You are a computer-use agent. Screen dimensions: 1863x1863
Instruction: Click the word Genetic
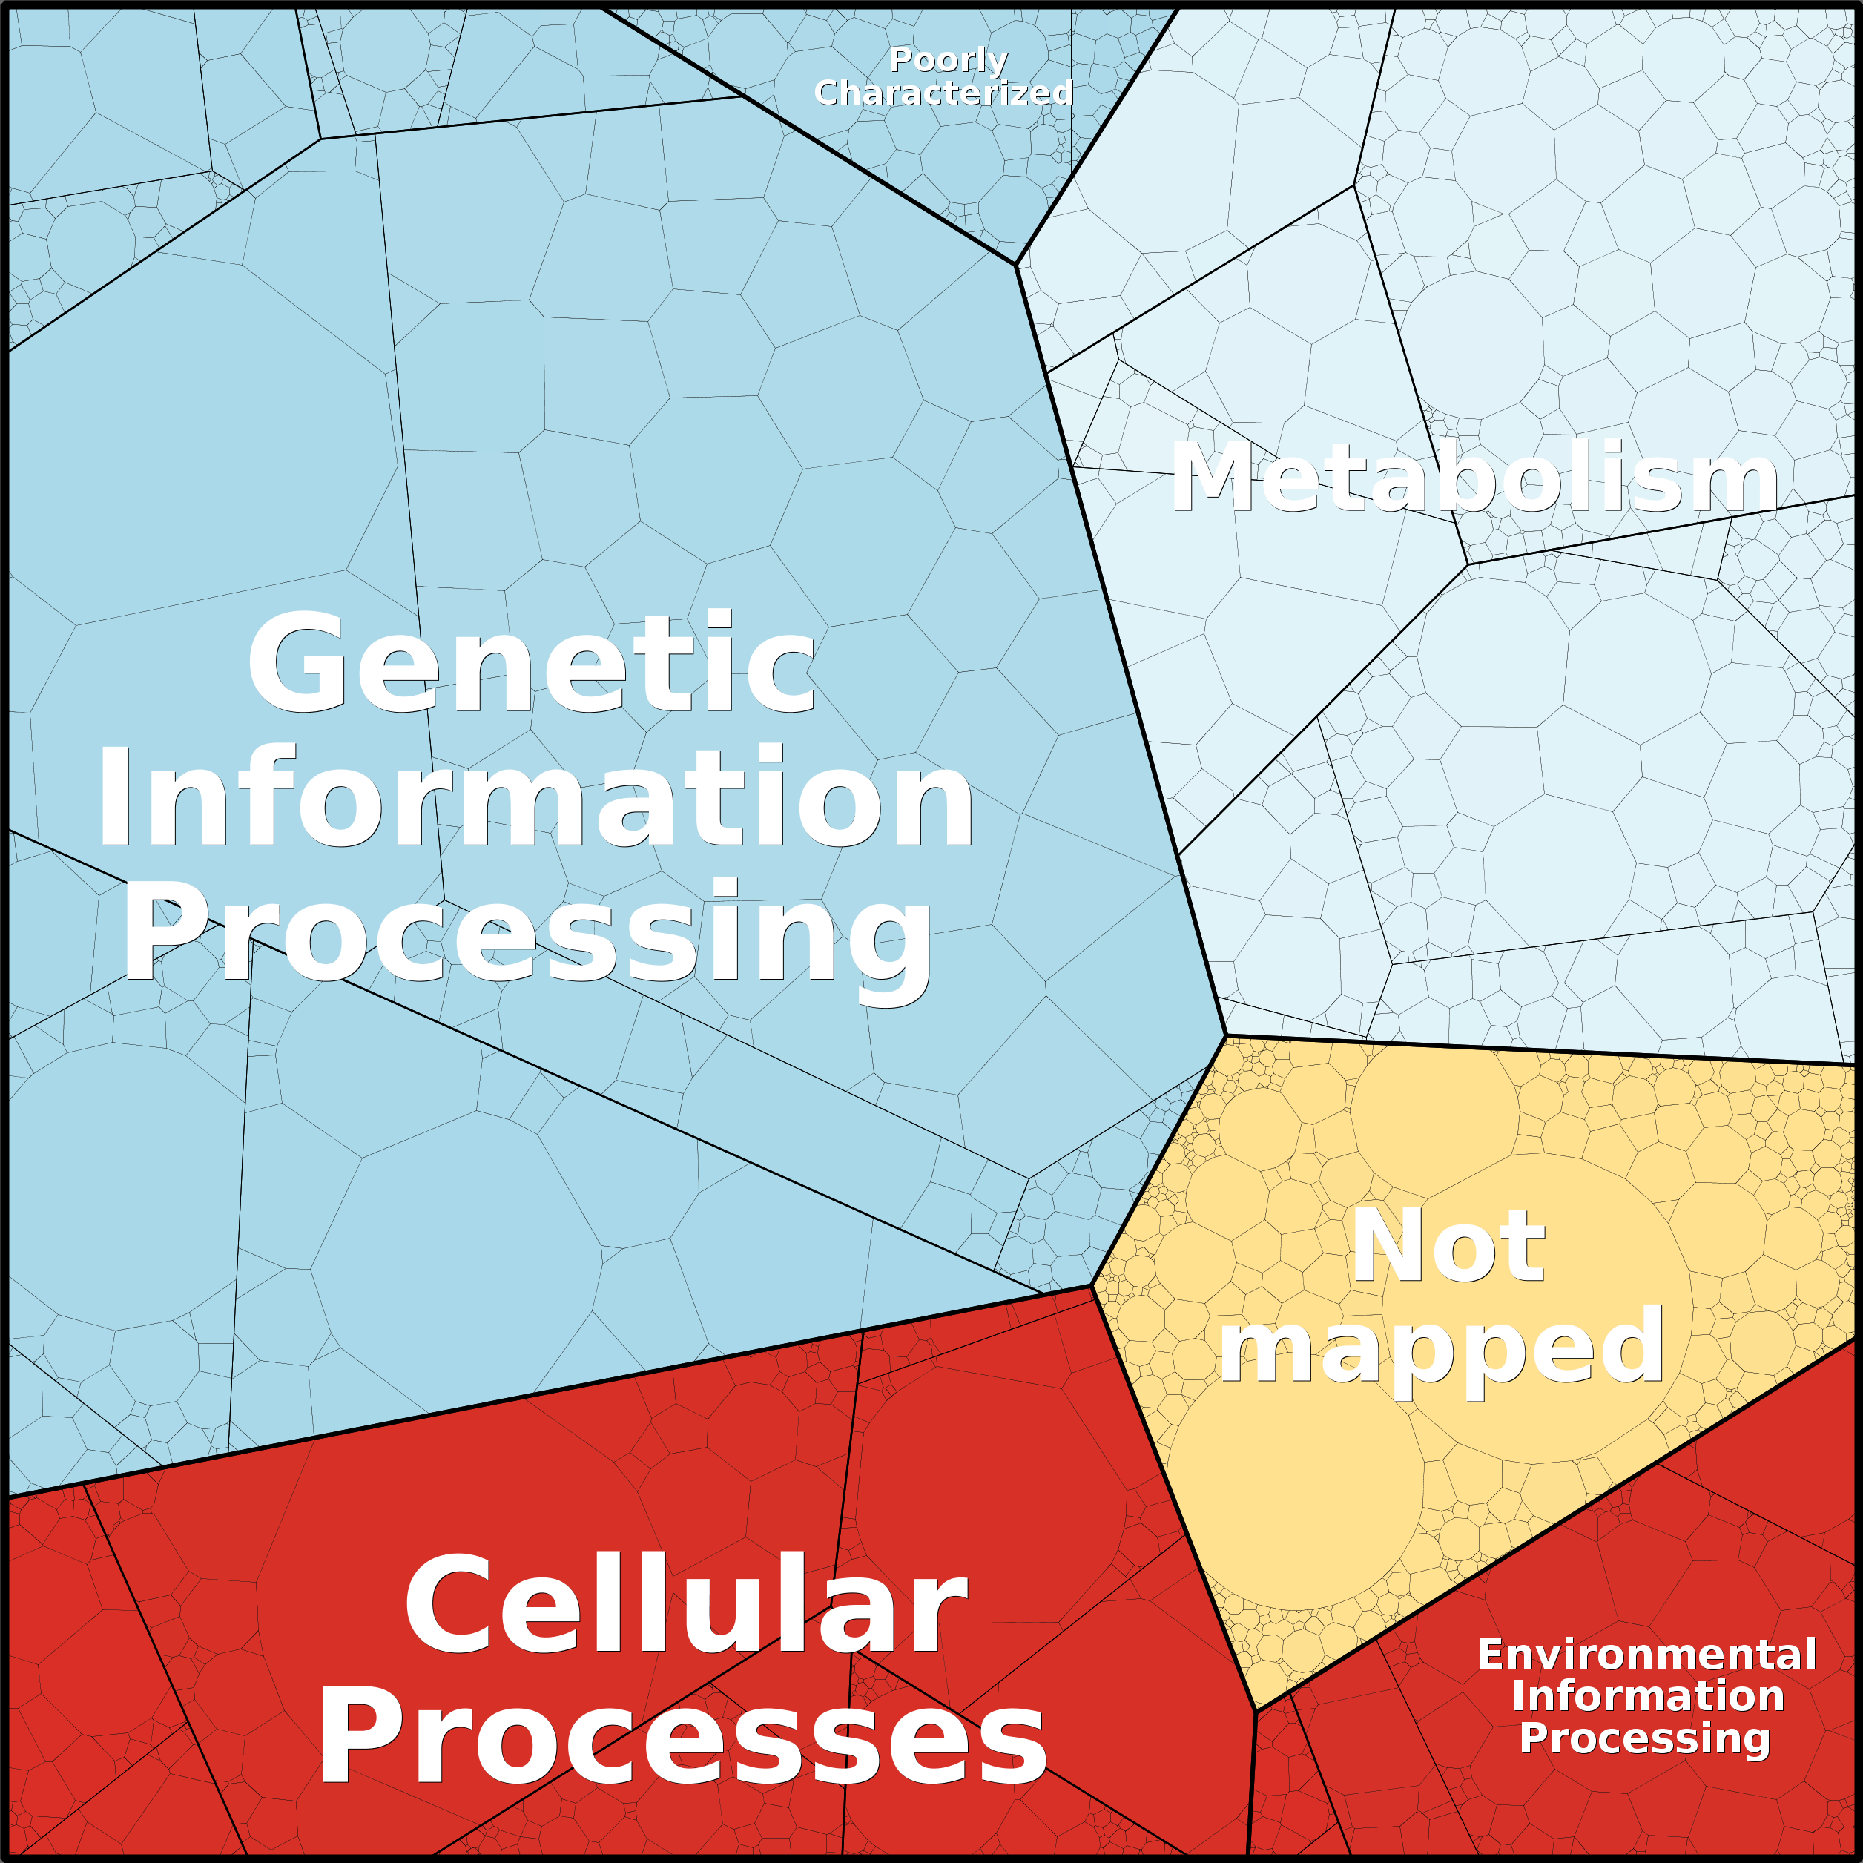(x=532, y=662)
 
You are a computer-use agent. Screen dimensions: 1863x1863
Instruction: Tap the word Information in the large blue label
(x=535, y=797)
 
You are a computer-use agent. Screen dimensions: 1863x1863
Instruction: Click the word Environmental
(x=1647, y=1655)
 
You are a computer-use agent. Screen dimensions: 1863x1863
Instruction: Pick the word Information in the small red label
(x=1648, y=1696)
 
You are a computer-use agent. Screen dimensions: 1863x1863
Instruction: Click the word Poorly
(x=948, y=61)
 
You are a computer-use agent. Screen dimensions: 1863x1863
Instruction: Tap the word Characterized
(x=943, y=93)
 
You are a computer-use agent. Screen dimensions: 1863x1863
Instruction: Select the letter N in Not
(x=1385, y=1246)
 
